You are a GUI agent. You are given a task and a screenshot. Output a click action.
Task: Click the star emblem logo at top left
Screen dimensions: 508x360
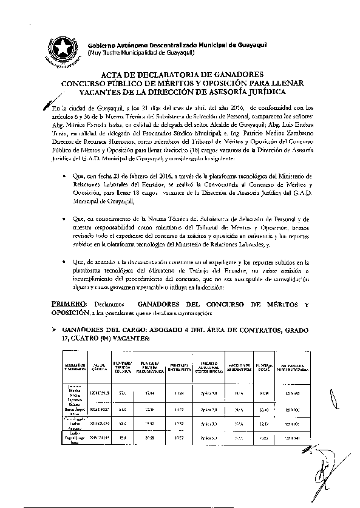(60, 47)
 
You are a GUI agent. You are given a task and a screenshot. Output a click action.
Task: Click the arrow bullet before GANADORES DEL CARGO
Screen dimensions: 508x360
(53, 329)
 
